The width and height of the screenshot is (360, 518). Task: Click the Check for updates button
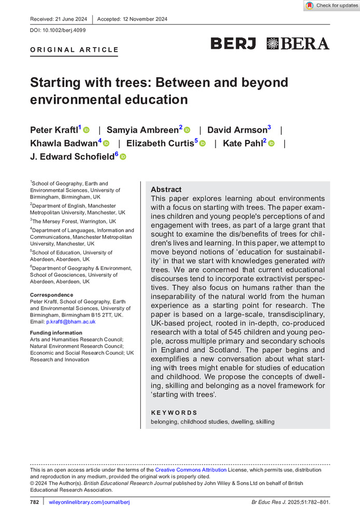coord(332,6)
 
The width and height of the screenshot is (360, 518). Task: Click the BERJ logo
coord(233,44)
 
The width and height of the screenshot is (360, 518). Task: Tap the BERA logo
coord(298,44)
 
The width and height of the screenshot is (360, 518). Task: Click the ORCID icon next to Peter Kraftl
coord(87,129)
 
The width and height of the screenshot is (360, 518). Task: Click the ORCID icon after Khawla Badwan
coord(107,143)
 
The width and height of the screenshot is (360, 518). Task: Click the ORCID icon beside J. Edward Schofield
coord(123,157)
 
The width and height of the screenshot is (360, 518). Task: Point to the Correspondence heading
coord(52,294)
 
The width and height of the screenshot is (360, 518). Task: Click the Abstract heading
coord(166,190)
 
